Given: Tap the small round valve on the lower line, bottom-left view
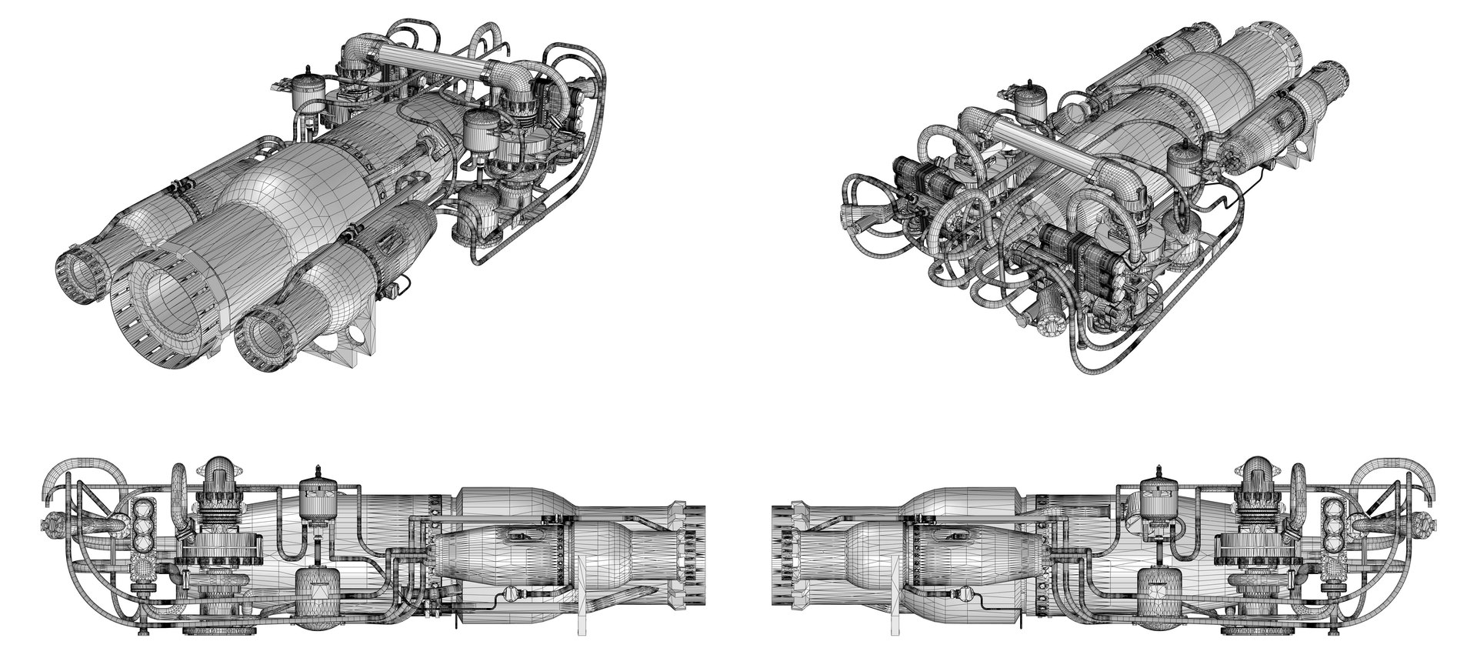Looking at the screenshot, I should pyautogui.click(x=507, y=593).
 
